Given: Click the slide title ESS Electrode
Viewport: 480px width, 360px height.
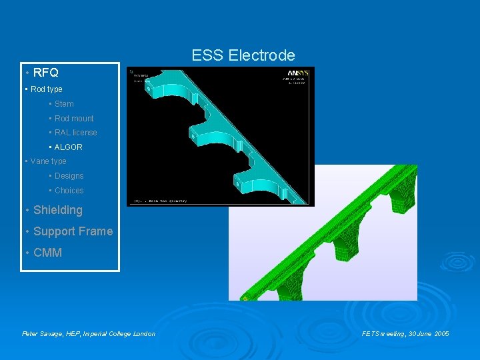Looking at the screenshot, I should click(x=243, y=55).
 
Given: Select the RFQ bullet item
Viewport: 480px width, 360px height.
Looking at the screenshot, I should click(x=45, y=73).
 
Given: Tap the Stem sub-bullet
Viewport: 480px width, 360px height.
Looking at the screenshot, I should click(x=64, y=104).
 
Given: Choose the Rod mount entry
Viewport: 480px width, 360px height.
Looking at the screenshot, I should click(x=74, y=119).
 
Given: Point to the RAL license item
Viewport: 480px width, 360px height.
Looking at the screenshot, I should click(x=75, y=133).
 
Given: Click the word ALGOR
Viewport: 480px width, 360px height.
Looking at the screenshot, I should click(x=68, y=147).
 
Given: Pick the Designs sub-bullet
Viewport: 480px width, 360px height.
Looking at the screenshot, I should click(x=69, y=176).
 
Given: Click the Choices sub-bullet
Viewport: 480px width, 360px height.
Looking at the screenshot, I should click(x=69, y=191).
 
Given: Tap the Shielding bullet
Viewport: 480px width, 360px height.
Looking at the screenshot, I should click(x=57, y=210).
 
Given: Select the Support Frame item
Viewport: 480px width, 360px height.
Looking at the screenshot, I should click(x=73, y=231).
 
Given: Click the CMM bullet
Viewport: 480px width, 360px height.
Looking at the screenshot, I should click(x=47, y=253).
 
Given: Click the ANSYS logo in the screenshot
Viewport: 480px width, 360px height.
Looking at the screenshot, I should click(x=297, y=73).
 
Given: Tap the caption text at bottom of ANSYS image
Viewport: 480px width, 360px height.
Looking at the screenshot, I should click(x=160, y=200).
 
